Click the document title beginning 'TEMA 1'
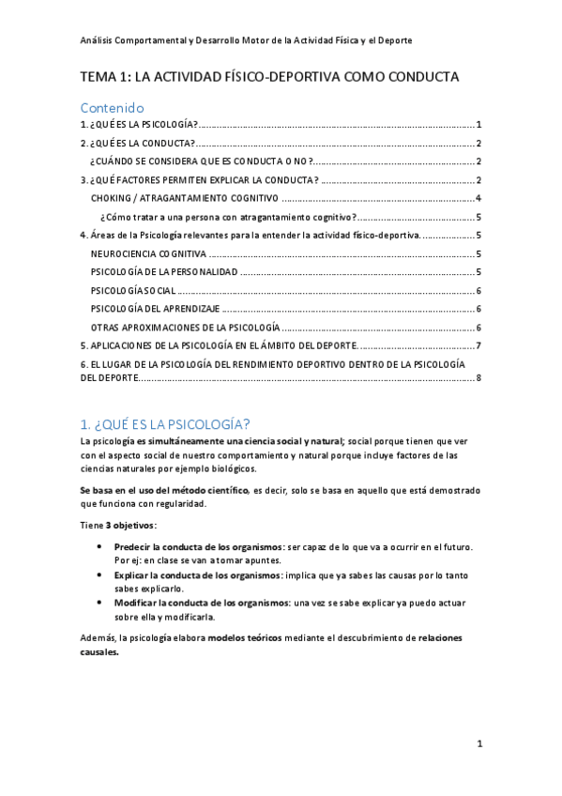coord(269,77)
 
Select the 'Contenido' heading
coord(112,107)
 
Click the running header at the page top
coord(246,40)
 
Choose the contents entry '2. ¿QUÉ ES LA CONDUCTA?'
coord(137,144)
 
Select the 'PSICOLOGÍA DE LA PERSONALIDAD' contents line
coord(164,272)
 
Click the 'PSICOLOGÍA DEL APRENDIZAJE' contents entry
coord(156,309)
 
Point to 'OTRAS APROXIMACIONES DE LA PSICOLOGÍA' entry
coord(185,328)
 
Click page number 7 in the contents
coord(478,345)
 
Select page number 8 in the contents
coord(478,378)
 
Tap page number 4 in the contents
coord(478,198)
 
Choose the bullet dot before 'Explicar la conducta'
coord(99,575)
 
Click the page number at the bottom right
coord(478,744)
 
